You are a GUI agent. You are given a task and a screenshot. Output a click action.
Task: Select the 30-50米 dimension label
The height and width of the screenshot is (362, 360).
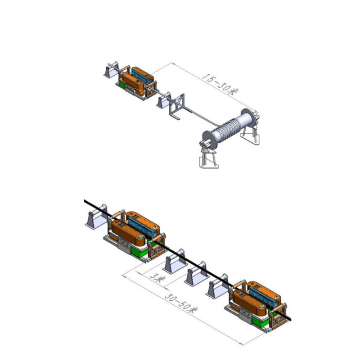tap(181, 303)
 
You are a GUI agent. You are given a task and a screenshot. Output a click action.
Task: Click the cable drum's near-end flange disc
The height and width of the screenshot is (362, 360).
tap(210, 139)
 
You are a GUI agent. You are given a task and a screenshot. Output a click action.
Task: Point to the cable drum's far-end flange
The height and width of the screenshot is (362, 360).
tap(248, 117)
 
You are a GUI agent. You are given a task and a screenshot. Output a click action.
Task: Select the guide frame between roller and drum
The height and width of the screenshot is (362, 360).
tap(177, 106)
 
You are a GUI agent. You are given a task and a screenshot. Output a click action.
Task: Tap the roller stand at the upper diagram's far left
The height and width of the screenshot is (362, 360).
tap(111, 69)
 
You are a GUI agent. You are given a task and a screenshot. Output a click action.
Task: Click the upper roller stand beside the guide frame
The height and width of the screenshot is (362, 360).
tap(164, 100)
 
